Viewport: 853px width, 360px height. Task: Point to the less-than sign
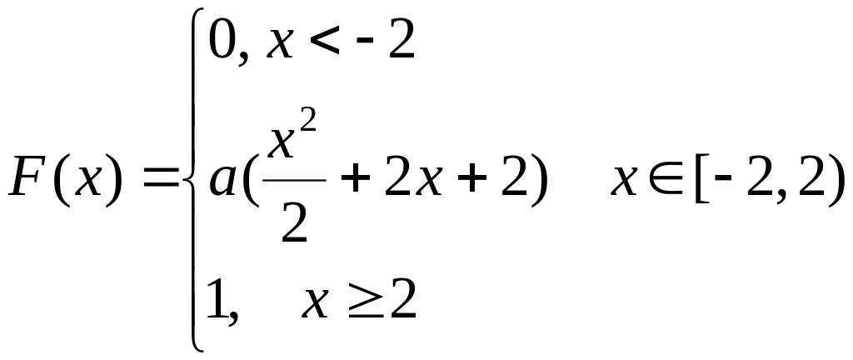coord(326,42)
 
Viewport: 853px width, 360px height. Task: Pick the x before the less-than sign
coord(280,46)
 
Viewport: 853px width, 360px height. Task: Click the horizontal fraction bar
coord(294,179)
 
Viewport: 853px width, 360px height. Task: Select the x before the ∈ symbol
coord(624,182)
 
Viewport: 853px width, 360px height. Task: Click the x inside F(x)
coord(88,182)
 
